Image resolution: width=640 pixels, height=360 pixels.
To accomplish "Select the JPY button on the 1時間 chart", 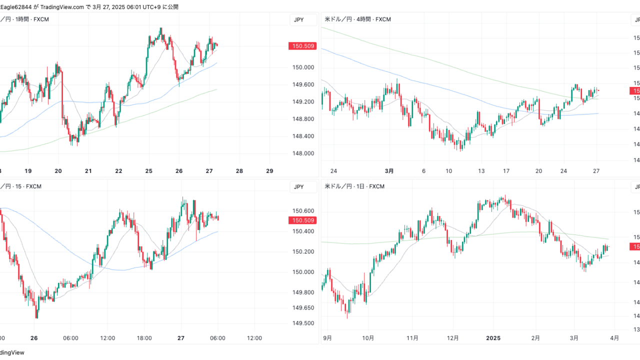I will pos(298,19).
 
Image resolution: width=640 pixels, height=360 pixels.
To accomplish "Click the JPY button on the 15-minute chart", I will pos(298,187).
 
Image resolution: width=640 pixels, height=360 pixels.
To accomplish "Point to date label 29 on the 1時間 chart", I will pos(269,171).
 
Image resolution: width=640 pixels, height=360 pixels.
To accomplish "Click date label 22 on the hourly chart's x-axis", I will pos(119,171).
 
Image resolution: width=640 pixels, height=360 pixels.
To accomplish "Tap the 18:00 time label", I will pos(144,338).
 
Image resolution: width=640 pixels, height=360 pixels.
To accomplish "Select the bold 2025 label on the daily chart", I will pos(494,338).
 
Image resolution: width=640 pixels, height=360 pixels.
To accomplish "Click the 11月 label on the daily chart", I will pos(412,338).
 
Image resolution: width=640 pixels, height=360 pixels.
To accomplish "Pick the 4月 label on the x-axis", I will pos(614,338).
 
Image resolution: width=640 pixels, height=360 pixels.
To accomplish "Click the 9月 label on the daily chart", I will pos(327,338).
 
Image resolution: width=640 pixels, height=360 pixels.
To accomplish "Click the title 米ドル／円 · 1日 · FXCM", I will pos(354,186).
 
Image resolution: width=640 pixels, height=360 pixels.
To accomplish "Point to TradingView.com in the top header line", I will pos(62,7).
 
